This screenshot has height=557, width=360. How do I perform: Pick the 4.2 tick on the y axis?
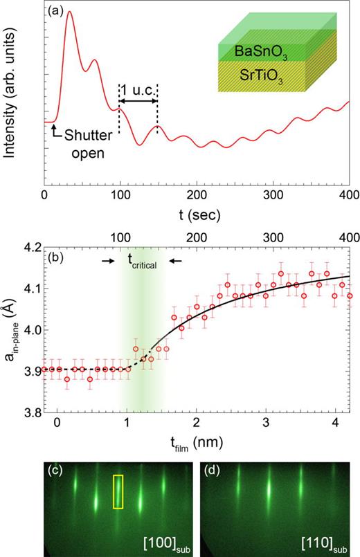[32, 246]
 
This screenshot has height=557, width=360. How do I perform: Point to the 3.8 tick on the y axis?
[32, 414]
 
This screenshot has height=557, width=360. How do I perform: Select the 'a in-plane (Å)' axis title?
[12, 330]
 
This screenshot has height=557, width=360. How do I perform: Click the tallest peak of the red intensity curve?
[69, 12]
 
